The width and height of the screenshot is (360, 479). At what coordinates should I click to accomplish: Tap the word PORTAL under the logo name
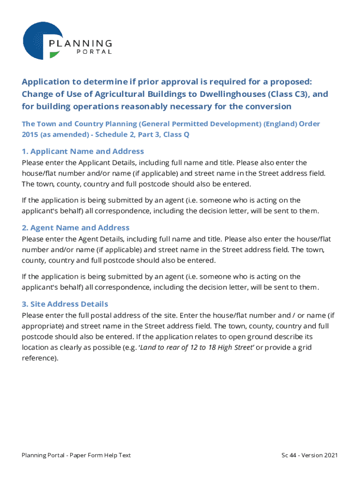94,52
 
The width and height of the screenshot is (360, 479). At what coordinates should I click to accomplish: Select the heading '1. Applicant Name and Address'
83,152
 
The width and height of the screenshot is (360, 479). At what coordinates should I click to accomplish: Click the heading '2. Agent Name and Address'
75,228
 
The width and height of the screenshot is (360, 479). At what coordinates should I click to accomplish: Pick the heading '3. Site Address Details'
65,304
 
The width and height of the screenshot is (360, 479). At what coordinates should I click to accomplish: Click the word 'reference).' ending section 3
40,358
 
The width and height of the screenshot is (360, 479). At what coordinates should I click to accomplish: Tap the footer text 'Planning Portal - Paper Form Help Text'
76,455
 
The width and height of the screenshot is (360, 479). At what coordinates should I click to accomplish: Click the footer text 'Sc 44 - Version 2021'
309,455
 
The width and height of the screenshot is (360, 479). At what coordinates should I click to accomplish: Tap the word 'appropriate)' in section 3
43,326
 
